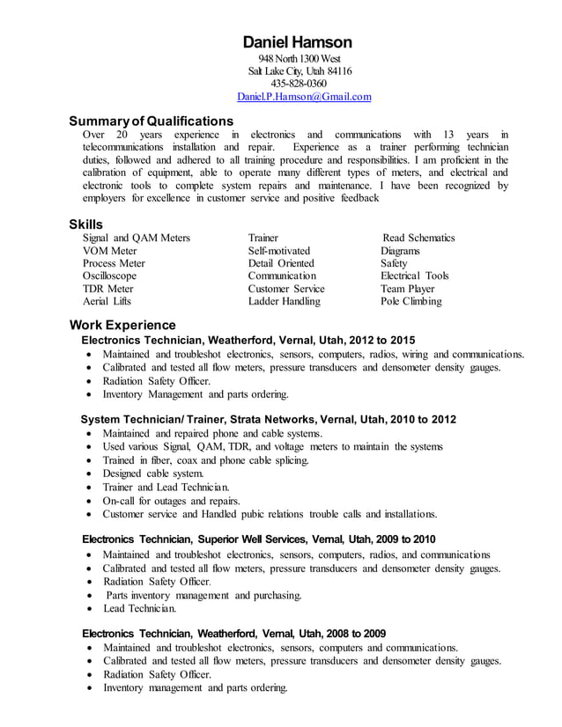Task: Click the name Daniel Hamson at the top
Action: click(297, 41)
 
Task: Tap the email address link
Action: click(304, 97)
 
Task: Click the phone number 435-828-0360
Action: click(298, 84)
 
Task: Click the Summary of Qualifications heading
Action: click(152, 121)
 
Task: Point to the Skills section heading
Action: click(86, 224)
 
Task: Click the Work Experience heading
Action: click(122, 325)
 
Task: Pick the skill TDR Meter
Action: click(107, 289)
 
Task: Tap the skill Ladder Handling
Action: click(284, 301)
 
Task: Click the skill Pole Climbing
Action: click(410, 301)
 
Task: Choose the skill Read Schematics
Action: click(418, 238)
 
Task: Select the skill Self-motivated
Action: click(279, 251)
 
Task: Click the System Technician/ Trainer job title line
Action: click(269, 419)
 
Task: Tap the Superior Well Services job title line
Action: click(258, 539)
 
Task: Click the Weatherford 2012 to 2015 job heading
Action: click(248, 340)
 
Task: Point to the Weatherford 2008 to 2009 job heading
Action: click(233, 633)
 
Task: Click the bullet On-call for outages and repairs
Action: click(171, 500)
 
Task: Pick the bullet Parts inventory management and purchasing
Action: click(203, 595)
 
